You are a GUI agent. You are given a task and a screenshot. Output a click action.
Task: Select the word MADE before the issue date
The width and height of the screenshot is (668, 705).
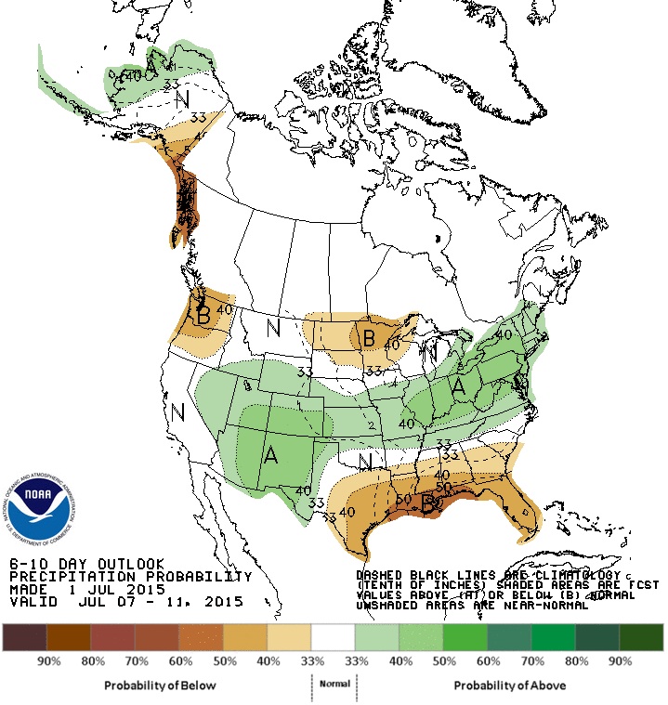[27, 589]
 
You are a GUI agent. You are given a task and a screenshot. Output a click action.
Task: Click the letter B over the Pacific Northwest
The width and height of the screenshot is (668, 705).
[203, 316]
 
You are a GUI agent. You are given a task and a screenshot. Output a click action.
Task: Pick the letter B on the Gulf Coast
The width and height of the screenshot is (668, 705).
[429, 505]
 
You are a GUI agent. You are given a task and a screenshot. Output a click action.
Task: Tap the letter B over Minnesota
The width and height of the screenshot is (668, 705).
[368, 339]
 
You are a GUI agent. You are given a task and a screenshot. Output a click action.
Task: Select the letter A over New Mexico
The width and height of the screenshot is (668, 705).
[270, 455]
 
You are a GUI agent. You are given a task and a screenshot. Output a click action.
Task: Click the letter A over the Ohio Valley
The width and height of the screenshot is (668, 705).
[458, 388]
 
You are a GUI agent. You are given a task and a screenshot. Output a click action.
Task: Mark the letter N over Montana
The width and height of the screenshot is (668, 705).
[273, 327]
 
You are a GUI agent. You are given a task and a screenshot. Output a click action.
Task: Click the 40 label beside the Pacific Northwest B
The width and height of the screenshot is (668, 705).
[224, 309]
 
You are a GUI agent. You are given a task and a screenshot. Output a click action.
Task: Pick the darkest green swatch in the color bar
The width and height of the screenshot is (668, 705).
[642, 637]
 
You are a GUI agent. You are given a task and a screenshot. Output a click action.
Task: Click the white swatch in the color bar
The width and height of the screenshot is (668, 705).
[334, 637]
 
